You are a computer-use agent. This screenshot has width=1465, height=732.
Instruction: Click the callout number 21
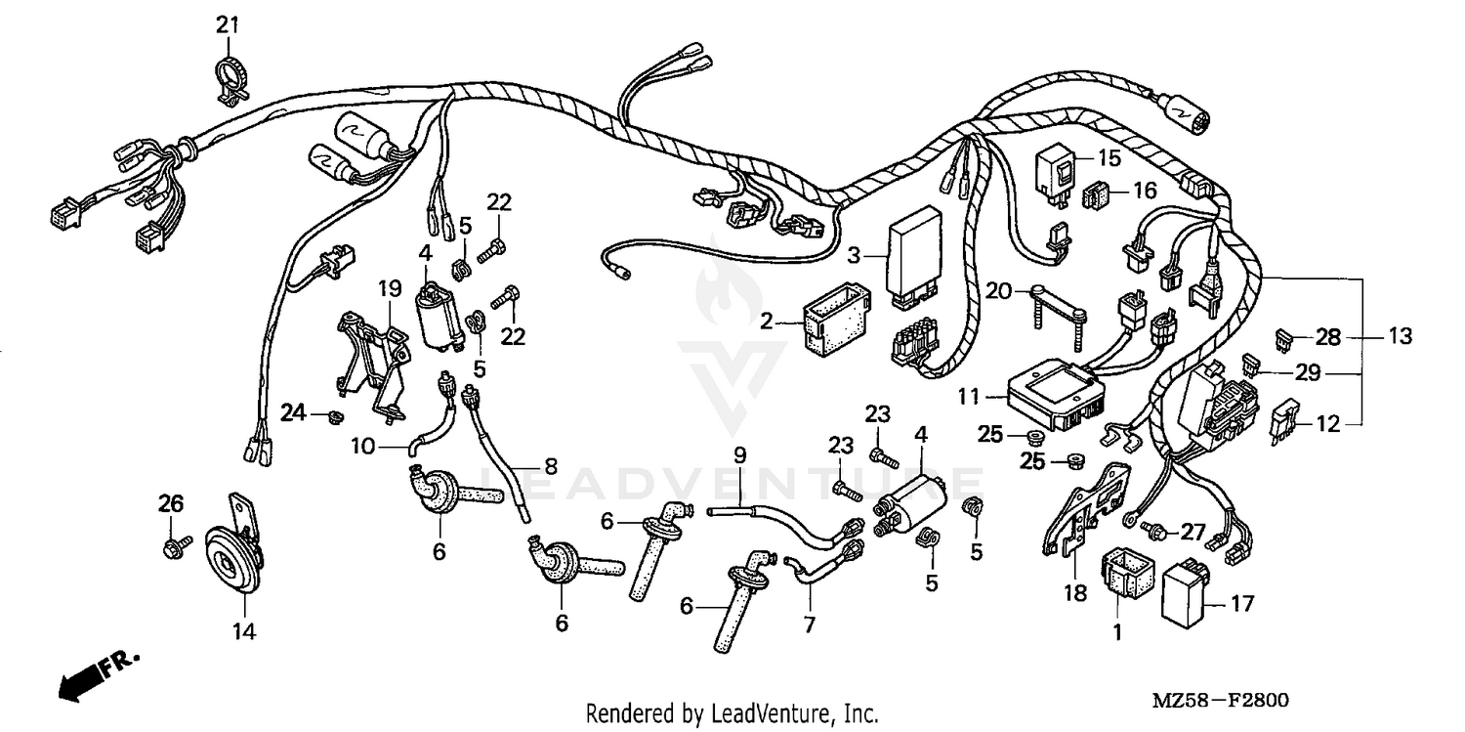[x=227, y=24]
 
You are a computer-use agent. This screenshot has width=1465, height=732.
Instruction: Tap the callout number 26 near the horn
[x=171, y=504]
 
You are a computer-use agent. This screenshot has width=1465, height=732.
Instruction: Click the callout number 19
[x=390, y=288]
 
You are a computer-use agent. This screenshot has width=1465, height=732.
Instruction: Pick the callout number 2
[x=767, y=321]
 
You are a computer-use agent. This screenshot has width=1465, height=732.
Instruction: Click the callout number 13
[x=1400, y=337]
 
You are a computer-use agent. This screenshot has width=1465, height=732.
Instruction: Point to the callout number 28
[x=1328, y=338]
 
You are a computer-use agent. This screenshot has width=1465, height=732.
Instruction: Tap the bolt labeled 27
[x=1156, y=533]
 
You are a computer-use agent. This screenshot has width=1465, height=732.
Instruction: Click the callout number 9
[x=739, y=454]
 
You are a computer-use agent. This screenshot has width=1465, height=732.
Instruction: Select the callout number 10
[x=363, y=447]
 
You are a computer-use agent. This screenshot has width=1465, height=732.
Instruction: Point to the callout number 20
[x=997, y=289]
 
